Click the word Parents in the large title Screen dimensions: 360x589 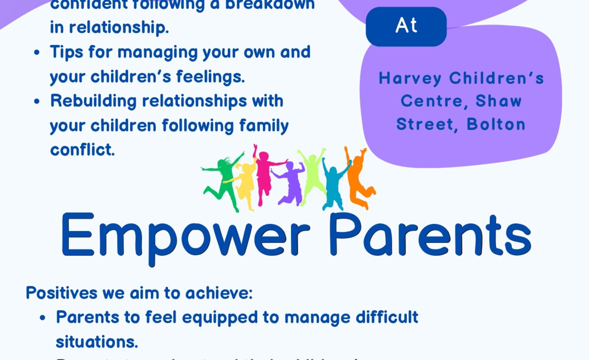429,235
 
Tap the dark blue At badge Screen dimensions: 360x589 406,26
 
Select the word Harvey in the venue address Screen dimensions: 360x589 410,78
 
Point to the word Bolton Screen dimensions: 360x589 496,124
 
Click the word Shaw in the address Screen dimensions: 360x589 498,101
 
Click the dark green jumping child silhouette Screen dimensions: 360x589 223,180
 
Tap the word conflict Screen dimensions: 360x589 82,150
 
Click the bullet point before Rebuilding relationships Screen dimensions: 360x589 37,101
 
